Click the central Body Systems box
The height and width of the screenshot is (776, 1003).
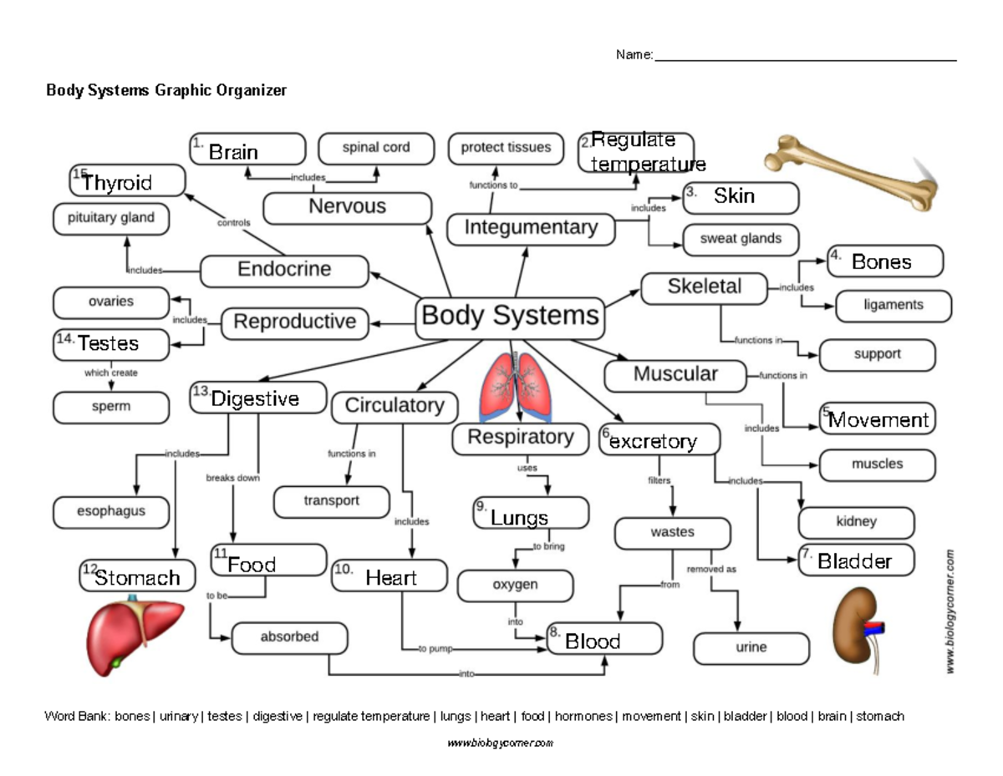(x=510, y=317)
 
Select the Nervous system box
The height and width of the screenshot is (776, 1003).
(x=348, y=207)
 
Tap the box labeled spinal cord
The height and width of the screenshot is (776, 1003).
(x=376, y=148)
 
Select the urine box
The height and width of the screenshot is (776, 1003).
(x=751, y=647)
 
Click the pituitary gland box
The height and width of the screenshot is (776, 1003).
(x=111, y=218)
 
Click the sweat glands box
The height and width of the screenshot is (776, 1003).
(x=741, y=239)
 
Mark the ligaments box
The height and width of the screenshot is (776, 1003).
(x=894, y=306)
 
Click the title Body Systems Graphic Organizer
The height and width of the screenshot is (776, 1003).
(x=166, y=91)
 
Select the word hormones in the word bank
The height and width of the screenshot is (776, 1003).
(x=583, y=717)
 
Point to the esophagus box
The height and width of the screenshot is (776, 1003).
(x=111, y=511)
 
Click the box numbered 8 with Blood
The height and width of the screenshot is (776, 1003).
(x=604, y=641)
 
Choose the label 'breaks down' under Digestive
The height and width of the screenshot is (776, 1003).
(x=232, y=479)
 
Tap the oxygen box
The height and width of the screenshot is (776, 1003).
(x=515, y=586)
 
